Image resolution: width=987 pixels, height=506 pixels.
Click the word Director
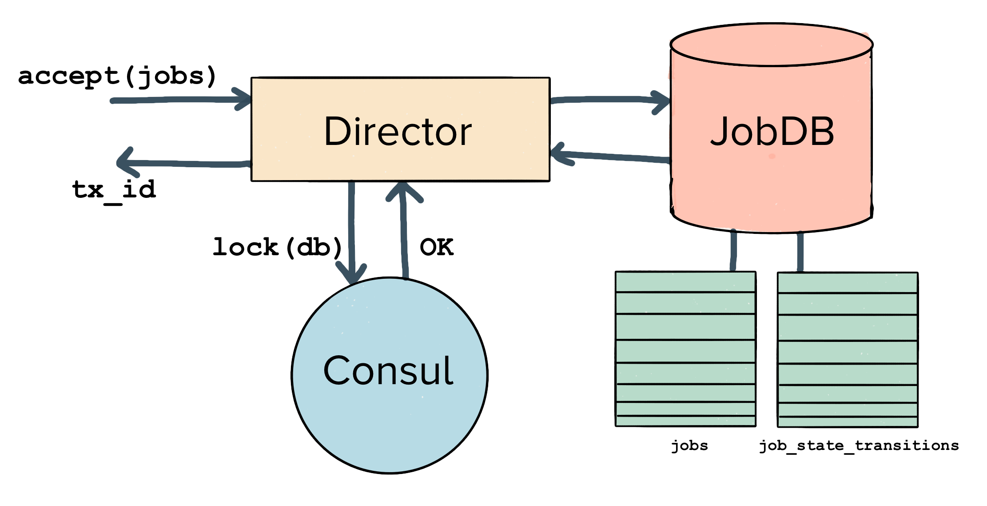coord(398,131)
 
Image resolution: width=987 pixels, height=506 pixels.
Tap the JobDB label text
coord(772,132)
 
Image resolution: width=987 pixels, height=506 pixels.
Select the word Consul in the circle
coord(388,370)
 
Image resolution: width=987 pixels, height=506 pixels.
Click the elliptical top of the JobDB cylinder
coord(772,44)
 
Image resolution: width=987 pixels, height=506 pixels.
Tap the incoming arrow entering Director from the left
coord(178,100)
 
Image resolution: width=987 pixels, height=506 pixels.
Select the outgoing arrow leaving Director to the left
coord(187,164)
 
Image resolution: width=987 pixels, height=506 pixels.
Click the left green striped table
coord(685,349)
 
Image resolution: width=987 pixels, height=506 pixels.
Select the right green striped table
coord(848,349)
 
